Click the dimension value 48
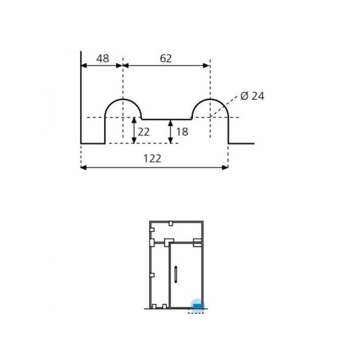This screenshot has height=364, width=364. click(x=103, y=58)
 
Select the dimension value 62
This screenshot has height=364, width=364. click(x=166, y=58)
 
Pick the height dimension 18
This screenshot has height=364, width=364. click(x=181, y=132)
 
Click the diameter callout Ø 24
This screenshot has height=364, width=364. click(x=252, y=96)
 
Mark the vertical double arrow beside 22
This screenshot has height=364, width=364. click(x=134, y=130)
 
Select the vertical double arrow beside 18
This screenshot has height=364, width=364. click(x=170, y=132)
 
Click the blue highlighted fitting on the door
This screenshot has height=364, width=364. click(x=197, y=305)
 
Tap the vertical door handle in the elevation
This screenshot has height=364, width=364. click(x=175, y=274)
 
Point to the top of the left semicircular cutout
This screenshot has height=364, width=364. click(x=123, y=99)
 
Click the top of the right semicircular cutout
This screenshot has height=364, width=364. click(x=210, y=99)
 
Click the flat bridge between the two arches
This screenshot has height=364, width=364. click(x=166, y=120)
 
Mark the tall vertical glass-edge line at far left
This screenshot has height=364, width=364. click(x=81, y=97)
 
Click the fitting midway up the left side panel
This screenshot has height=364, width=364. click(x=151, y=274)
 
